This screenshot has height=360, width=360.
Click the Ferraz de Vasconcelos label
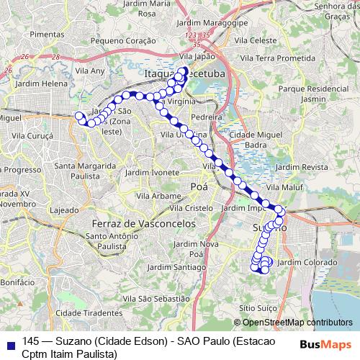tap(144, 224)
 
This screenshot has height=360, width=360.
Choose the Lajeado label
tap(64, 210)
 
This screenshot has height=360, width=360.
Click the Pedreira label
tap(216, 116)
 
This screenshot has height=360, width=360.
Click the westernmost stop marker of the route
tap(79, 115)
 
